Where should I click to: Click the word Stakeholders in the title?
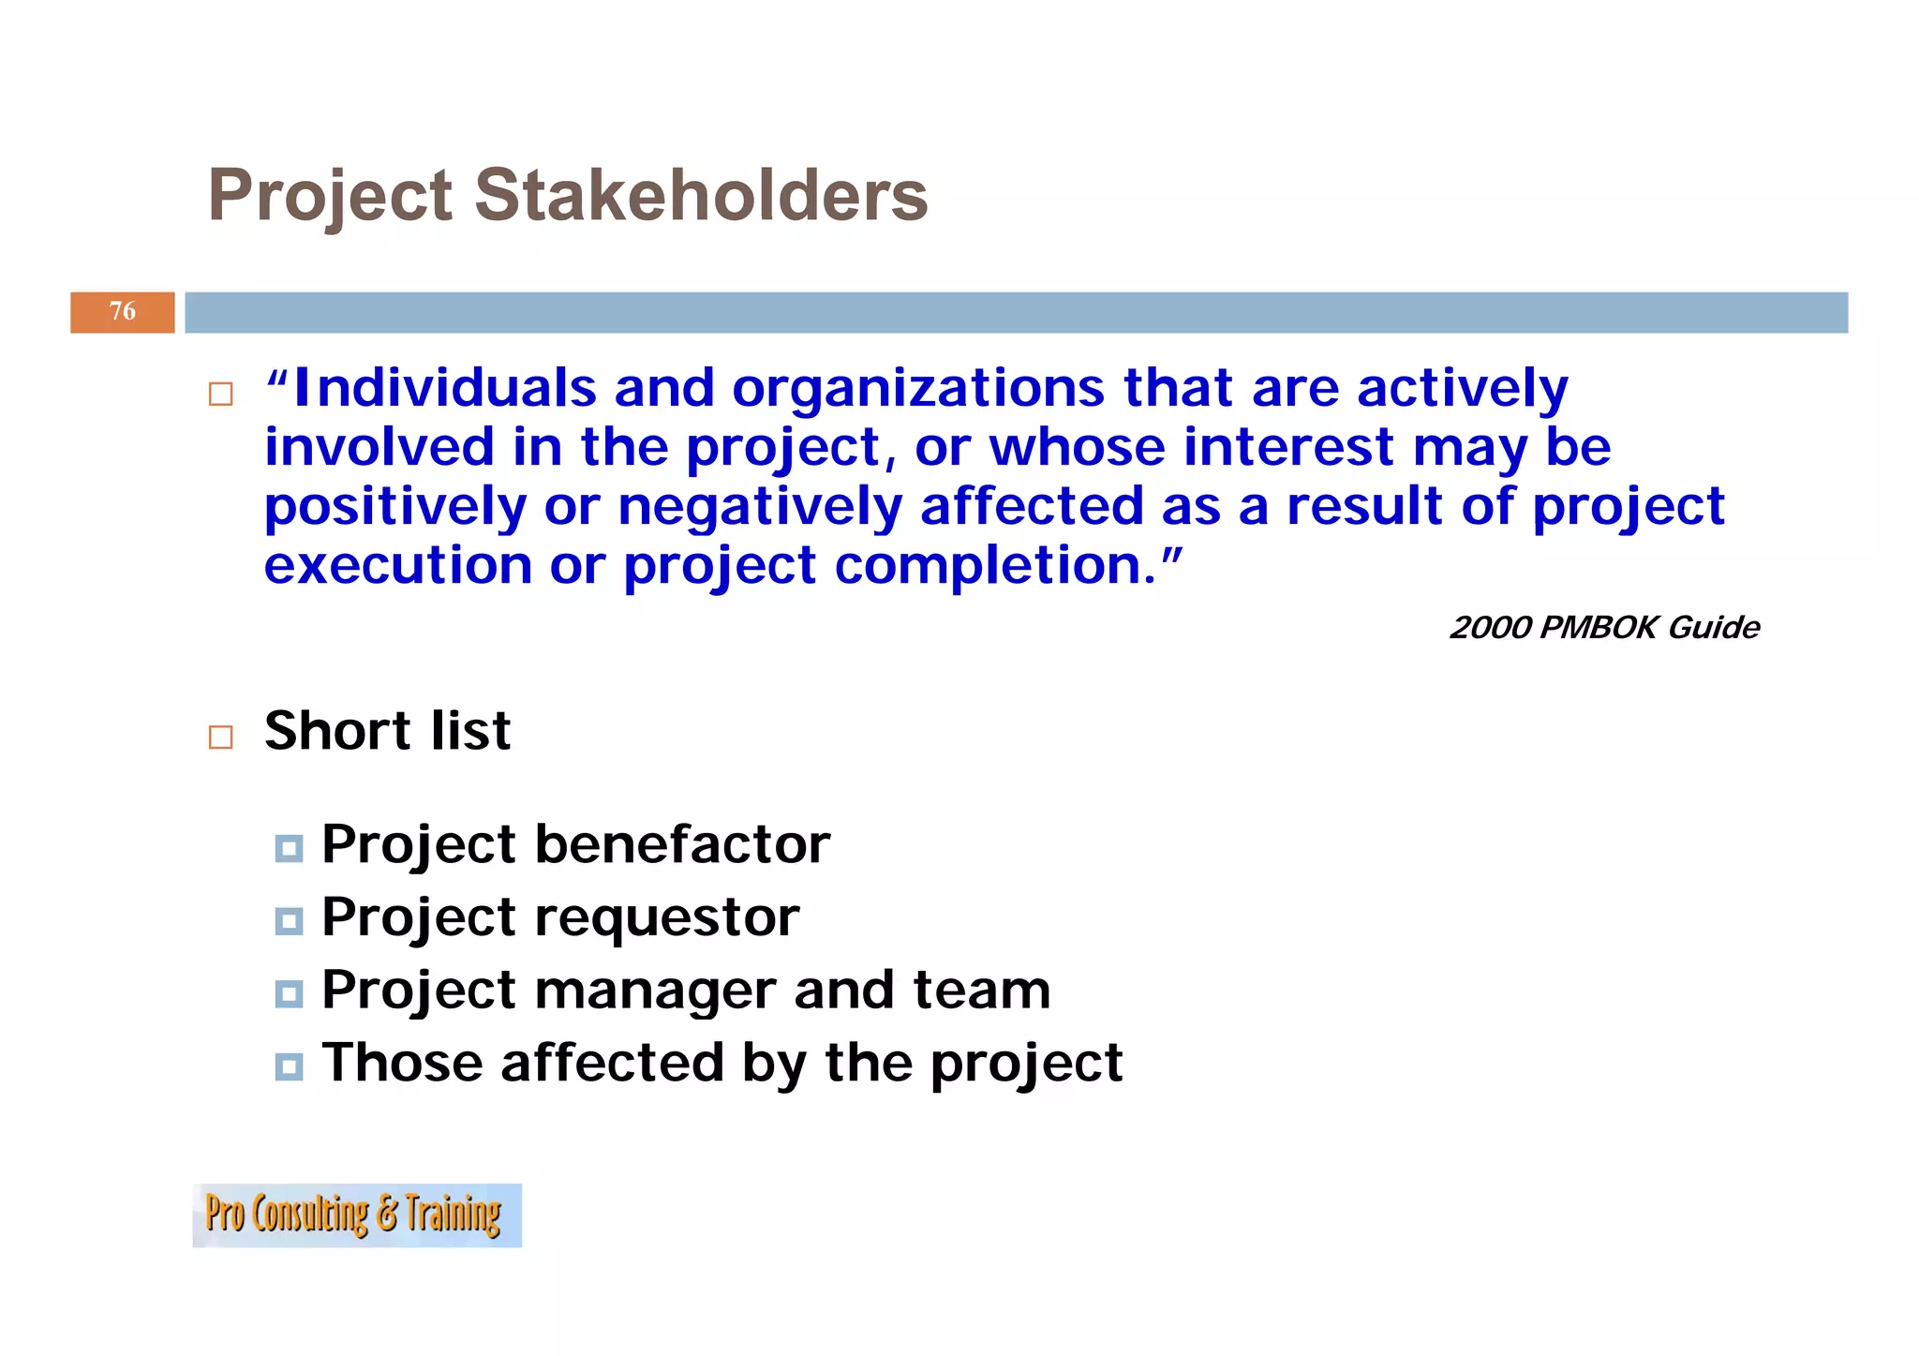pos(701,195)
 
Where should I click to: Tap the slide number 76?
pos(123,311)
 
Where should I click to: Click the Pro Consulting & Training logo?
pos(356,1214)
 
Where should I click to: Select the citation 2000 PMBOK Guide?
pos(1604,627)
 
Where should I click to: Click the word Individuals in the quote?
pos(445,388)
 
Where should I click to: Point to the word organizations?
pos(918,390)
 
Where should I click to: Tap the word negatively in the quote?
pos(760,507)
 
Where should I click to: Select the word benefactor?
pos(682,844)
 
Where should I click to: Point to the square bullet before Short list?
pos(221,737)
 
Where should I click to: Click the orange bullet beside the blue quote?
pos(221,394)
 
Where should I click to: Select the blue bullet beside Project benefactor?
pos(289,849)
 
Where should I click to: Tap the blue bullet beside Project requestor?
pos(289,921)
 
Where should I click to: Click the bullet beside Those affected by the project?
pos(289,1066)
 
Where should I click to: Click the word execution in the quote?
pos(398,566)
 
